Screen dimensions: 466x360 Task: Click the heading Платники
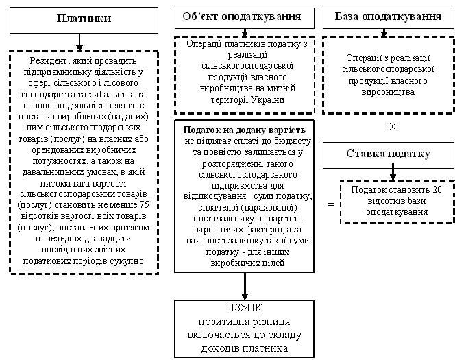(x=84, y=19)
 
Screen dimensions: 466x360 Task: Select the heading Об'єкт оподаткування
(x=242, y=16)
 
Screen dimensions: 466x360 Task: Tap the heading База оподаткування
(x=388, y=16)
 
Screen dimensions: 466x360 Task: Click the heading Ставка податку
(x=388, y=154)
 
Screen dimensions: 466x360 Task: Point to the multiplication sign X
(x=392, y=127)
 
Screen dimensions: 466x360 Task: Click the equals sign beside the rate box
(x=331, y=204)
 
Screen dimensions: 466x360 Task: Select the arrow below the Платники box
(x=79, y=42)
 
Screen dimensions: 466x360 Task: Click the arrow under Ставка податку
(x=393, y=171)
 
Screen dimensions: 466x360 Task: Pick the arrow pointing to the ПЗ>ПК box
(x=245, y=286)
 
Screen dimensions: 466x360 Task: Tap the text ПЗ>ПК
(x=244, y=308)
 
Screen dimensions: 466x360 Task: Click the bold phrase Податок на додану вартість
(x=244, y=130)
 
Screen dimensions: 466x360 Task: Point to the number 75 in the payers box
(x=144, y=205)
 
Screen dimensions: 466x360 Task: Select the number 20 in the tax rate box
(x=437, y=190)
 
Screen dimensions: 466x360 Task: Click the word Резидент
(x=48, y=61)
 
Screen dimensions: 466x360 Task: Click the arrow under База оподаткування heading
(x=384, y=33)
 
